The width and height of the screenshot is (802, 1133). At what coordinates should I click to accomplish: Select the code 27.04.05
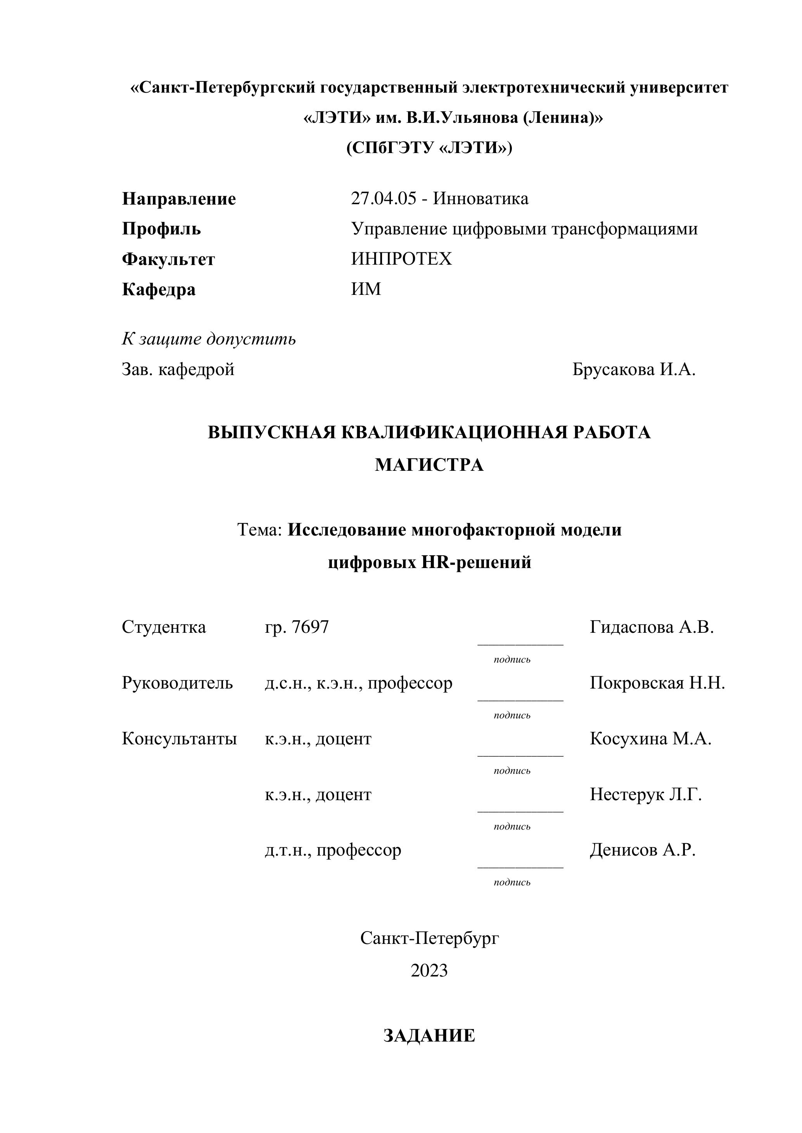(383, 198)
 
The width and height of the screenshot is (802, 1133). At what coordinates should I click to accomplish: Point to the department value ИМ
(366, 289)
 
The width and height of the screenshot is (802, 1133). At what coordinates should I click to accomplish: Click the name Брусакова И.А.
(634, 369)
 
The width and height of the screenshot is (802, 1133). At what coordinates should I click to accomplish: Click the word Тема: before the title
(260, 529)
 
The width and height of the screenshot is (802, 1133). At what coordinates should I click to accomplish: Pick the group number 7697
(310, 627)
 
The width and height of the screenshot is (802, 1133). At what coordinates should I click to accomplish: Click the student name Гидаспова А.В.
(652, 627)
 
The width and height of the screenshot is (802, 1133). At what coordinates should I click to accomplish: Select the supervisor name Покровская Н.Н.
(657, 683)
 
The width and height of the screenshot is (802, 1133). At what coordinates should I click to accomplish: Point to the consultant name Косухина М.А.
(650, 739)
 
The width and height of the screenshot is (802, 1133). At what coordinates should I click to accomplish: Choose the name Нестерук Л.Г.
(645, 794)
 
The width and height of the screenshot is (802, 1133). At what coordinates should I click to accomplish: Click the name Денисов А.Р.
(643, 850)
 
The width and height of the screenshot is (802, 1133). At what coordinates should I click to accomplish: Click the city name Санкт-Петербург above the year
(429, 938)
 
